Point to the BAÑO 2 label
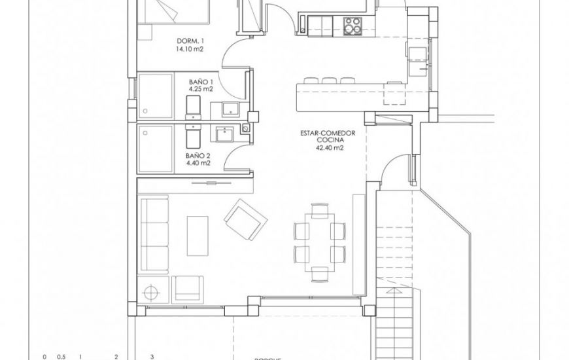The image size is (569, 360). coord(198,156)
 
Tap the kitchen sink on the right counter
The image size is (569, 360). coord(416,50)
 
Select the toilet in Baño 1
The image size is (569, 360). coord(194,106)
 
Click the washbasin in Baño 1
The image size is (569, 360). coord(229,109)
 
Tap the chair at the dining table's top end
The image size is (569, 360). coord(320,211)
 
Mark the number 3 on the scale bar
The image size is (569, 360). coord(152,357)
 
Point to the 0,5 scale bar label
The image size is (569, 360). coord(61,357)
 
